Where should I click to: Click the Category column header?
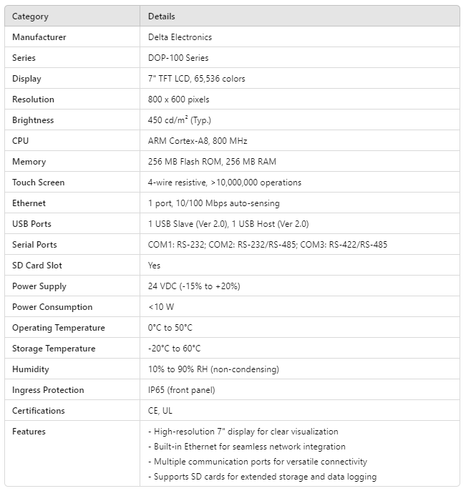[x=30, y=16]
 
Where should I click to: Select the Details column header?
[x=161, y=16]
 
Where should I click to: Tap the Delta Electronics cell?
[x=180, y=37]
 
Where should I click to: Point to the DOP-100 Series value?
[x=178, y=57]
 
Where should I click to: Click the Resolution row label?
[x=33, y=99]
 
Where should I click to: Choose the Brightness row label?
[x=33, y=120]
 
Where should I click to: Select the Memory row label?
[x=29, y=161]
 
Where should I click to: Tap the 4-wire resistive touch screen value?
[x=224, y=182]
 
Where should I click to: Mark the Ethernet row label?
[x=29, y=203]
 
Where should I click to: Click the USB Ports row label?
[x=31, y=223]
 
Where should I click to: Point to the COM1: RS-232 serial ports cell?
[x=267, y=244]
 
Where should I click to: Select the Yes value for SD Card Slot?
[x=154, y=265]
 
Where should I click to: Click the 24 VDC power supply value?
[x=193, y=286]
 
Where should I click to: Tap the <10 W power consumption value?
[x=160, y=306]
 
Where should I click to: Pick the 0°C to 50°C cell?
[x=170, y=327]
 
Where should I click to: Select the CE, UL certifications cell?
[x=160, y=410]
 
